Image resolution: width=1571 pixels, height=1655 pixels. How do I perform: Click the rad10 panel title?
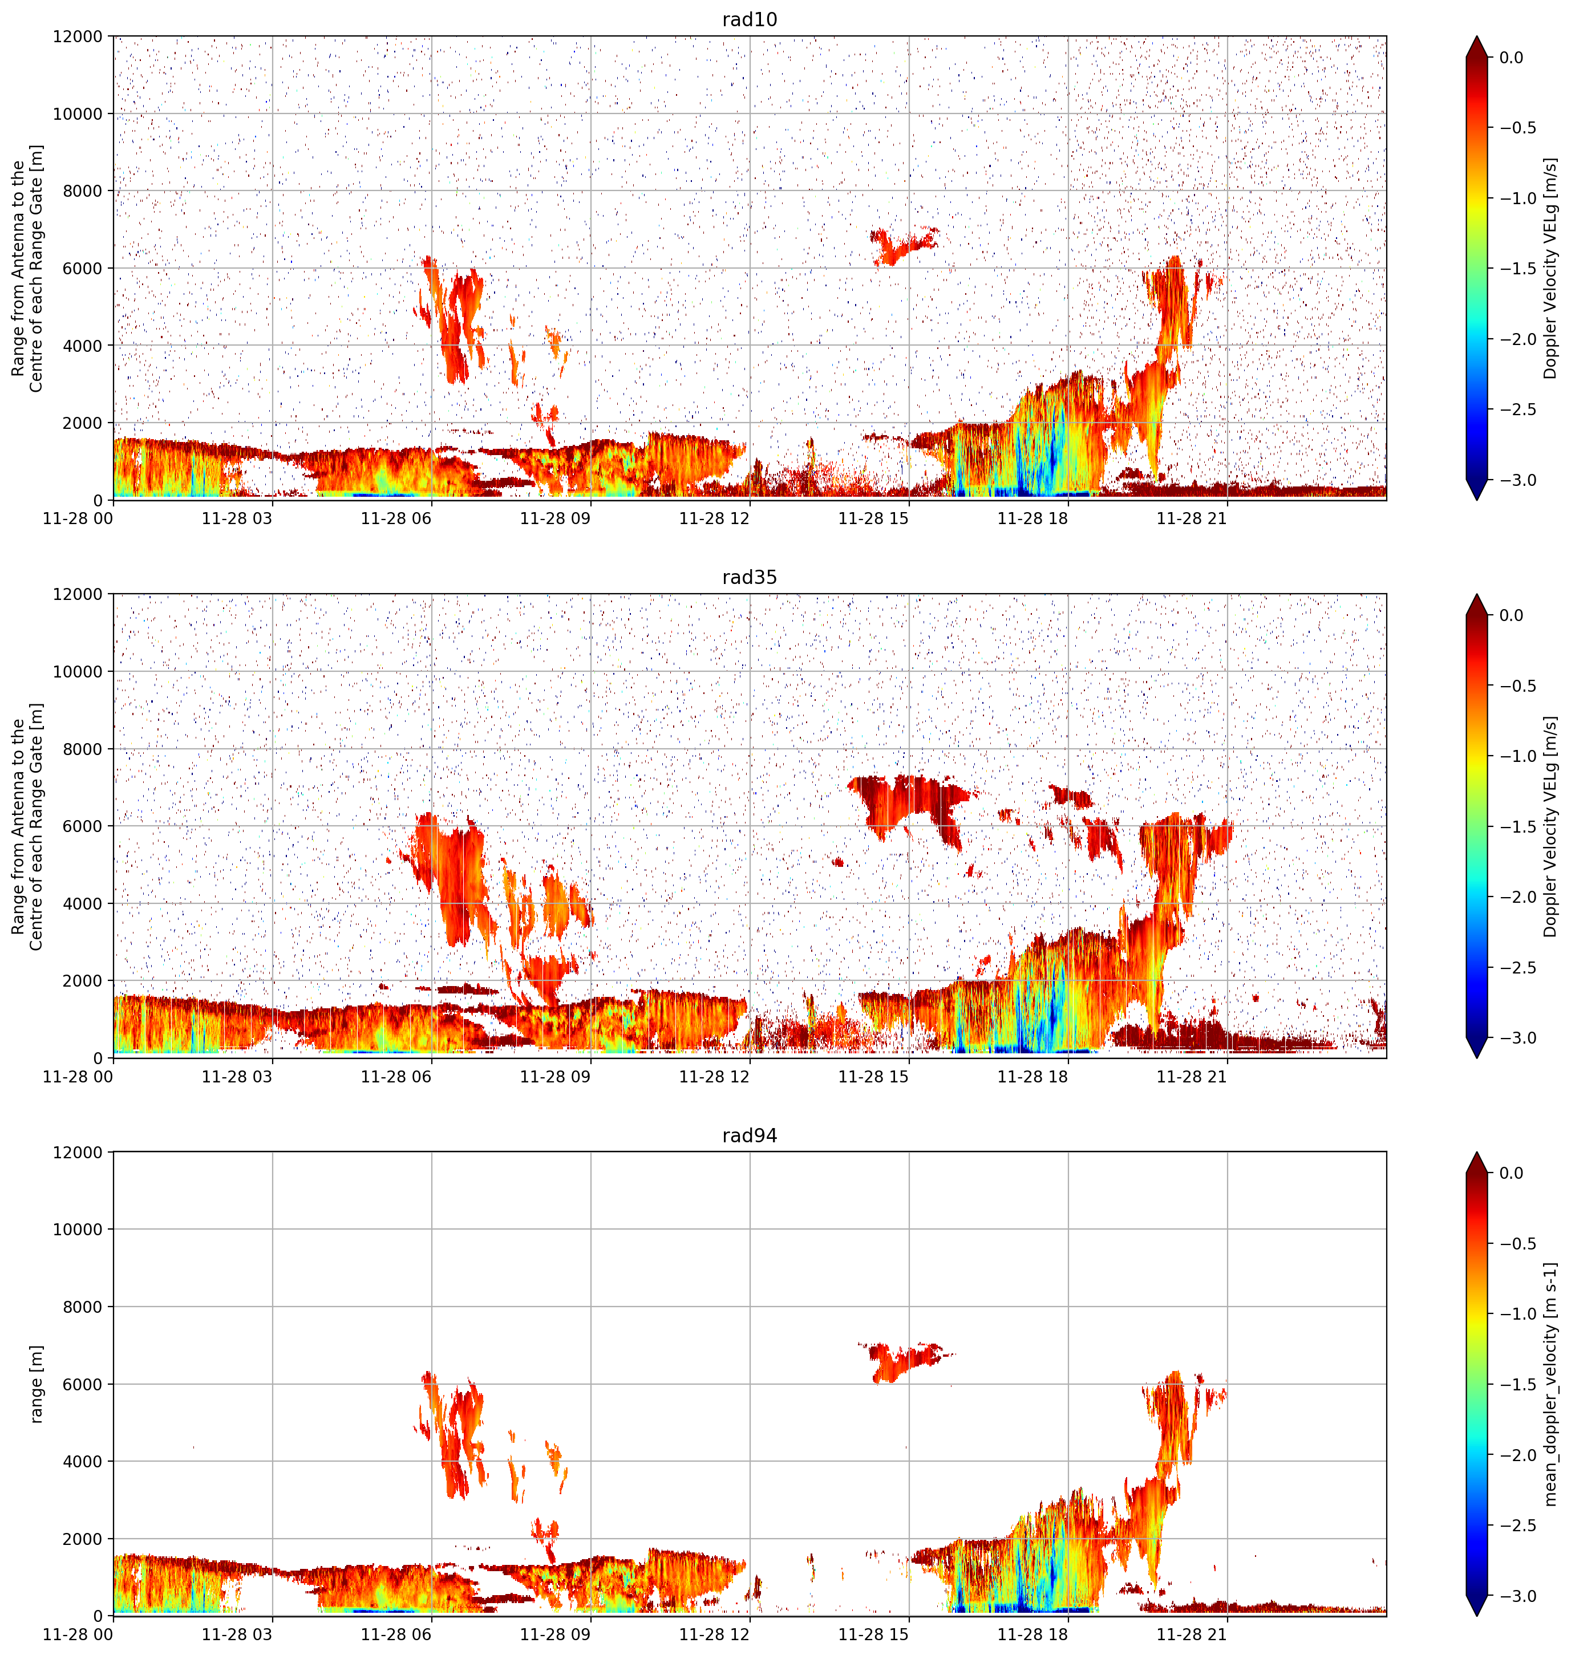pos(750,19)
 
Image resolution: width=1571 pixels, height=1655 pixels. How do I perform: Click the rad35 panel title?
pos(750,578)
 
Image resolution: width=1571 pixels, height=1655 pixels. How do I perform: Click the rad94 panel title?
pos(750,1136)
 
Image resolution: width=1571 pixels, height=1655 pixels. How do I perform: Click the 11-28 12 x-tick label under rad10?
pos(714,519)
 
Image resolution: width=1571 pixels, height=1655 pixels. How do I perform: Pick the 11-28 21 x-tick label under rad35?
pos(1192,1077)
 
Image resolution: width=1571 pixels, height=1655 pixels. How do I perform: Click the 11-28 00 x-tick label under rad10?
pos(78,519)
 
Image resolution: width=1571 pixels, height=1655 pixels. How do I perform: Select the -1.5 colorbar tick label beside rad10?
pos(1517,269)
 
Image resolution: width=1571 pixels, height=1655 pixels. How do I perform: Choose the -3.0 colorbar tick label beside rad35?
pos(1517,1038)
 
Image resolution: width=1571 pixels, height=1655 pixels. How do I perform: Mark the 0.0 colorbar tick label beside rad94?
pos(1512,1173)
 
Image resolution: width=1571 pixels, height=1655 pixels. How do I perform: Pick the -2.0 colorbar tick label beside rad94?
pos(1517,1455)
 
